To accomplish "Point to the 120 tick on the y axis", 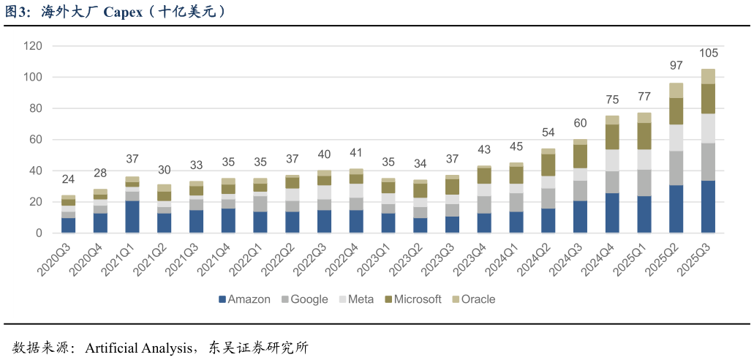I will (33, 46).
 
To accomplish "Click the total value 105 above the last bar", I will (709, 53).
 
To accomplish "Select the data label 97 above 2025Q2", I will (676, 66).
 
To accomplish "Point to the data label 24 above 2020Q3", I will (68, 179).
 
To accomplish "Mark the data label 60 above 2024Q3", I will (580, 123).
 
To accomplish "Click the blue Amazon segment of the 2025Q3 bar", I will (708, 206).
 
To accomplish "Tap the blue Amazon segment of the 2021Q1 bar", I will (132, 217).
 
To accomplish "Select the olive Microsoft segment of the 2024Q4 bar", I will (612, 137).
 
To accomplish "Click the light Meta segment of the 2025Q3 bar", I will (708, 128).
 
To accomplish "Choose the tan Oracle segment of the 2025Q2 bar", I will (676, 90).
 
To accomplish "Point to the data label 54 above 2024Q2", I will (548, 132).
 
